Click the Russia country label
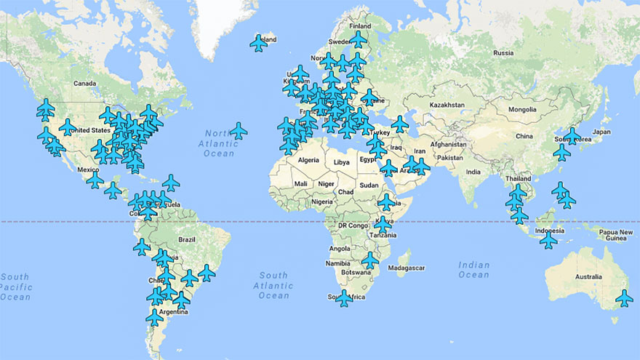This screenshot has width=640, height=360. coord(503,53)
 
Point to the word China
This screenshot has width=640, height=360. coord(523,136)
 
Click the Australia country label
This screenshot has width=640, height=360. coord(588,277)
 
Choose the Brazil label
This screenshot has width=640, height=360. coord(187,239)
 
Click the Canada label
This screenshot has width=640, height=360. coord(85,83)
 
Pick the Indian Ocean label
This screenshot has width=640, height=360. coord(474,270)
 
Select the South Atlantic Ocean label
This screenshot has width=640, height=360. coord(273,286)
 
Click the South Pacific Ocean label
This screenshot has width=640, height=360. coord(15,287)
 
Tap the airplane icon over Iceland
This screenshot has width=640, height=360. coord(258,44)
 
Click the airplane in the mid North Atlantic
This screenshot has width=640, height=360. coord(238,131)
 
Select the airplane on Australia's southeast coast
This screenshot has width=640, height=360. coord(624,297)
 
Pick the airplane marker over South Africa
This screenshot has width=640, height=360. coord(344,297)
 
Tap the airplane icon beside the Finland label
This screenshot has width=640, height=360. coord(358,39)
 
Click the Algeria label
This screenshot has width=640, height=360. coord(309,160)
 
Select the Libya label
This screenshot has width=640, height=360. coord(341,161)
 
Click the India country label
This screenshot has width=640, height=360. coord(473,172)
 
